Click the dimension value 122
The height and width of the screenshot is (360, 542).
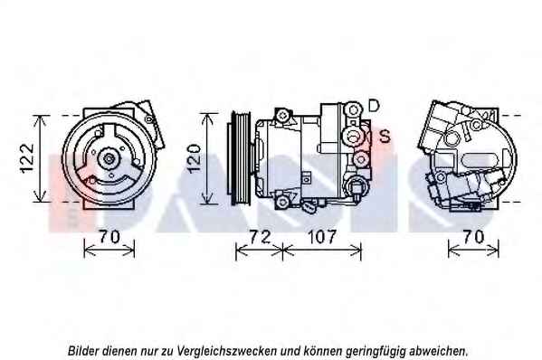(x=27, y=158)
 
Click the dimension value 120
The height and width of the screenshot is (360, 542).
(x=194, y=158)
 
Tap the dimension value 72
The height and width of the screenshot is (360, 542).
(x=260, y=237)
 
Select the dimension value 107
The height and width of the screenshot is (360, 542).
(x=321, y=237)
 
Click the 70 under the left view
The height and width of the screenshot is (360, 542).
(x=109, y=237)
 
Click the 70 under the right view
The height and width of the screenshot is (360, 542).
(x=473, y=237)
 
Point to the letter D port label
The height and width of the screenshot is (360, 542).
(x=374, y=106)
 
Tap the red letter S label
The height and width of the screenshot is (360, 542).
(x=385, y=136)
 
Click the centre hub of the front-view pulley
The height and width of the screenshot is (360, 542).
(x=109, y=159)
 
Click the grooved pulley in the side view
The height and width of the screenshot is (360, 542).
(x=239, y=158)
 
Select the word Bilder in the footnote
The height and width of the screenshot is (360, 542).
(x=81, y=351)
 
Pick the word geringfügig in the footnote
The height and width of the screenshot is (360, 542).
(x=376, y=352)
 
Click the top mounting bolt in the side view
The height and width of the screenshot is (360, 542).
(x=282, y=115)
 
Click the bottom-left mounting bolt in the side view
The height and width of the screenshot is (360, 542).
(x=282, y=202)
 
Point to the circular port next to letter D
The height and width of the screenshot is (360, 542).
(x=353, y=110)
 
